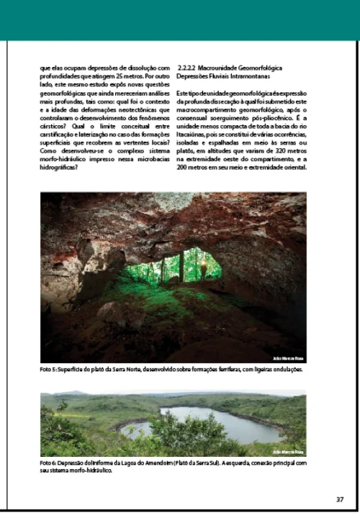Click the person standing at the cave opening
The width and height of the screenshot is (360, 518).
pyautogui.click(x=203, y=268)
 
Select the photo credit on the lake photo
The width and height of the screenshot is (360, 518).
pyautogui.click(x=289, y=452)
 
